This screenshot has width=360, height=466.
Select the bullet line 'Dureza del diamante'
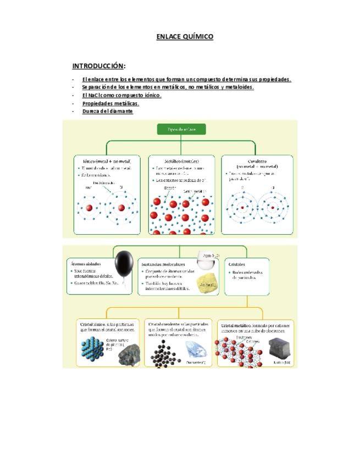pos(107,111)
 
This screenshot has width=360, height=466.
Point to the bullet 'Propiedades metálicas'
pos(110,103)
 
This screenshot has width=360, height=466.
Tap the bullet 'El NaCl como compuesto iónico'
pos(121,95)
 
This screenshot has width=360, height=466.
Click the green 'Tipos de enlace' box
pos(181,130)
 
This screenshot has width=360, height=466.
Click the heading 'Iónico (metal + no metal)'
pos(107,160)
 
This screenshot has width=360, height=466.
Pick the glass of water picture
pos(208,263)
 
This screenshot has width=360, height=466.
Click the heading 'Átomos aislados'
pos(86,264)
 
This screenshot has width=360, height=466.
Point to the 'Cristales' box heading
pos(237,264)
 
